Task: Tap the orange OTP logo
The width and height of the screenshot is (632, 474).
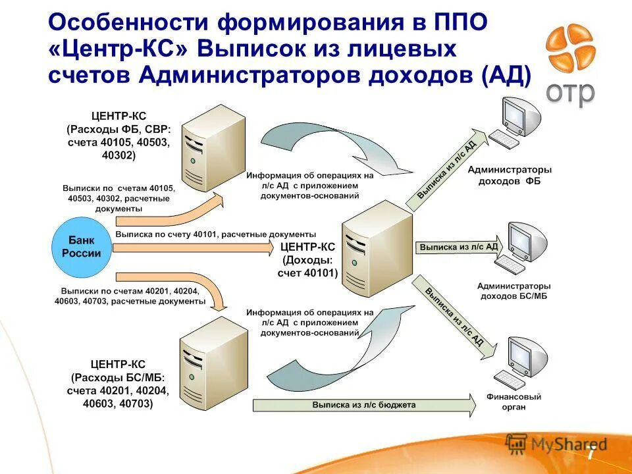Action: point(570,49)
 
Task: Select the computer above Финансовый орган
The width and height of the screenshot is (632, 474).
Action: point(524,362)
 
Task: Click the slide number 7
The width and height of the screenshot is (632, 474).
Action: point(591,454)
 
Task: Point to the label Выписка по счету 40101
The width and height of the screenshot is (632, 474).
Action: point(215,234)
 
